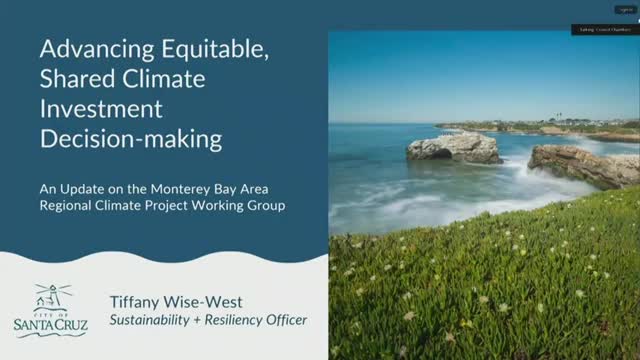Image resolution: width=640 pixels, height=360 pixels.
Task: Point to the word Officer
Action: [282, 321]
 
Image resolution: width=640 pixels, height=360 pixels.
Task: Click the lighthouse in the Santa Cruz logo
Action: [47, 295]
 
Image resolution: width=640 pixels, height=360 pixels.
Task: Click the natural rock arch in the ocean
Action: [454, 148]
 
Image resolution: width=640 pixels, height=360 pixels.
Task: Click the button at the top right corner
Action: [625, 9]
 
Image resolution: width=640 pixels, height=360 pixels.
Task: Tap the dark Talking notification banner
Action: [604, 30]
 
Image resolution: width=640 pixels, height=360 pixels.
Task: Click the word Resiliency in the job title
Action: [240, 321]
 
